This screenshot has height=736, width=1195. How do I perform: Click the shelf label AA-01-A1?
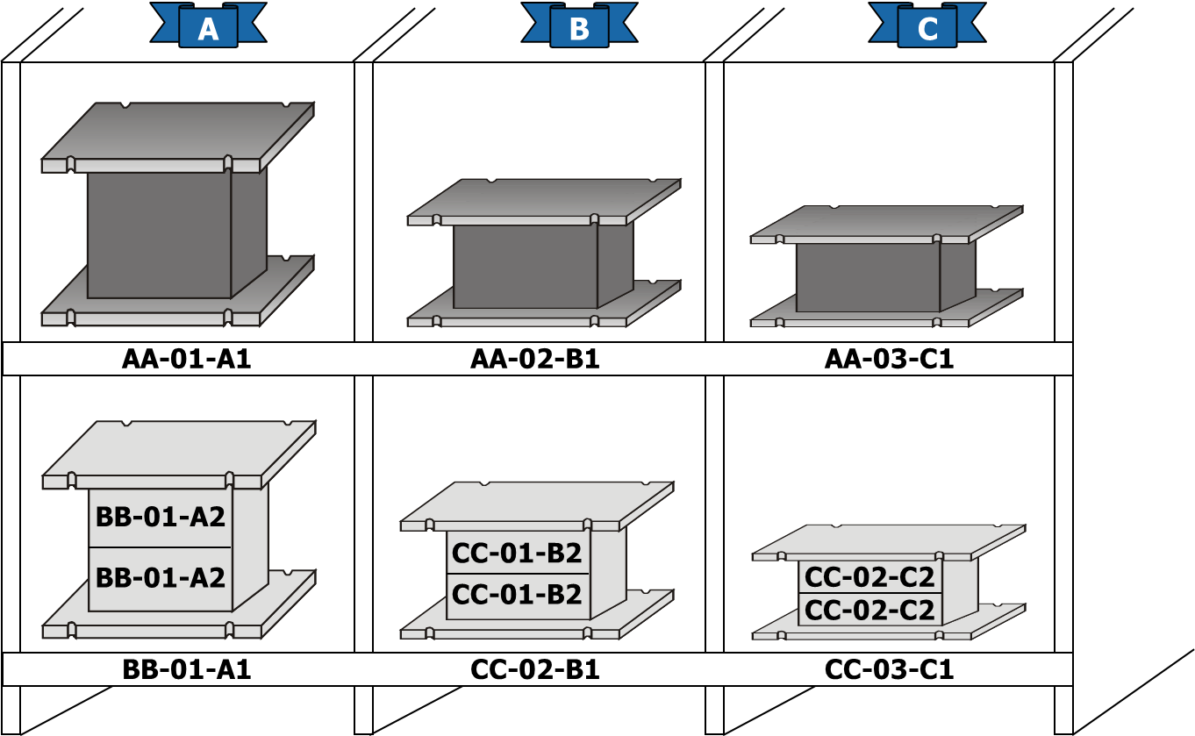pos(186,359)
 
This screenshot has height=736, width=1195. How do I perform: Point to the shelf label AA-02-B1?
pos(535,359)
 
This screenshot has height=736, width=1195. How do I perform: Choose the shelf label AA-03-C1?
pos(890,359)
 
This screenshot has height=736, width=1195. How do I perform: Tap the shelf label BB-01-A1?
pos(187,670)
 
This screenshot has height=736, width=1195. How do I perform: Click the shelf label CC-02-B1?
pos(535,670)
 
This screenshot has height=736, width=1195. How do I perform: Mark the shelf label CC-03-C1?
pos(890,670)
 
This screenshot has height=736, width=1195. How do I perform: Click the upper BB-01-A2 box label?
pos(160,517)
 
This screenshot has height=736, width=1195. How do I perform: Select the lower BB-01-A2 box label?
pos(160,577)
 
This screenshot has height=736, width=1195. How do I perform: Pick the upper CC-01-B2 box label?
pos(517,553)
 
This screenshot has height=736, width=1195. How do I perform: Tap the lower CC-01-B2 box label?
pos(517,595)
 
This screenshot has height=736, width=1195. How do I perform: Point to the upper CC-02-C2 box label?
pos(869,577)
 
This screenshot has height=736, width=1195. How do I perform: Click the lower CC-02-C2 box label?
pos(869,611)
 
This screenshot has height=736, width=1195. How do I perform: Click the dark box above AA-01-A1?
pos(177,233)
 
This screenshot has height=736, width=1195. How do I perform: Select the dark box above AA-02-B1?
pos(543,266)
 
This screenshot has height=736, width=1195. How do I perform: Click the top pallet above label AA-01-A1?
pos(178,137)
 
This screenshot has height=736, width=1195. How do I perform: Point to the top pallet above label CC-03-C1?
pos(889,542)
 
